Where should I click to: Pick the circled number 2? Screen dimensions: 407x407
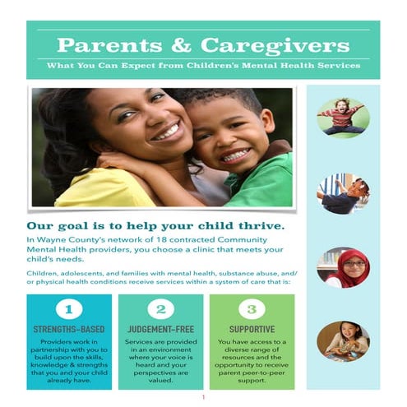tap(161, 311)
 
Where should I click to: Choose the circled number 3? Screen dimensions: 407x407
tap(252, 311)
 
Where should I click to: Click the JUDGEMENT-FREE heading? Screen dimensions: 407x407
tap(161, 329)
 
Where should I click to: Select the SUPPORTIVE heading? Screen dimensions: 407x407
tap(252, 329)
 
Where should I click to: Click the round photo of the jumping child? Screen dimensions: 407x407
tap(343, 118)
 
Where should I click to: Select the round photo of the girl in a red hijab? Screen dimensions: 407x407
tap(343, 267)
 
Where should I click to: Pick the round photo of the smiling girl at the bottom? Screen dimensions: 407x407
tap(343, 340)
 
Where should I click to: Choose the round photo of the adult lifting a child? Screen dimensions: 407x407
tap(343, 193)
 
